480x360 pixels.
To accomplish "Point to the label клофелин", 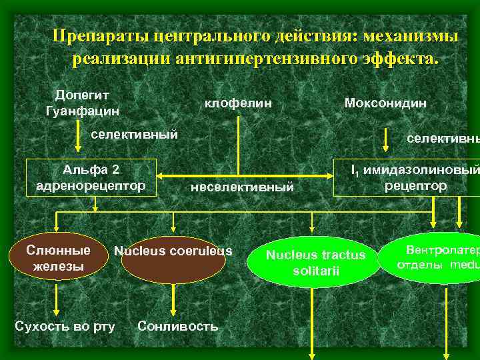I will pyautogui.click(x=238, y=103).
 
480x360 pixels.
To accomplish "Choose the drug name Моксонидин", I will pyautogui.click(x=385, y=103).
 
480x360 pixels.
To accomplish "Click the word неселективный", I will pyautogui.click(x=242, y=187).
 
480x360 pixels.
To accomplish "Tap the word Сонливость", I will pyautogui.click(x=177, y=326).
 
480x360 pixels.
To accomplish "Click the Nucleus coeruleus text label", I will pyautogui.click(x=173, y=251).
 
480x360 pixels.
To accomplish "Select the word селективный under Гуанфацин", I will pyautogui.click(x=135, y=134).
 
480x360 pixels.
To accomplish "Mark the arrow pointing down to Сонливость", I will pyautogui.click(x=174, y=299).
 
